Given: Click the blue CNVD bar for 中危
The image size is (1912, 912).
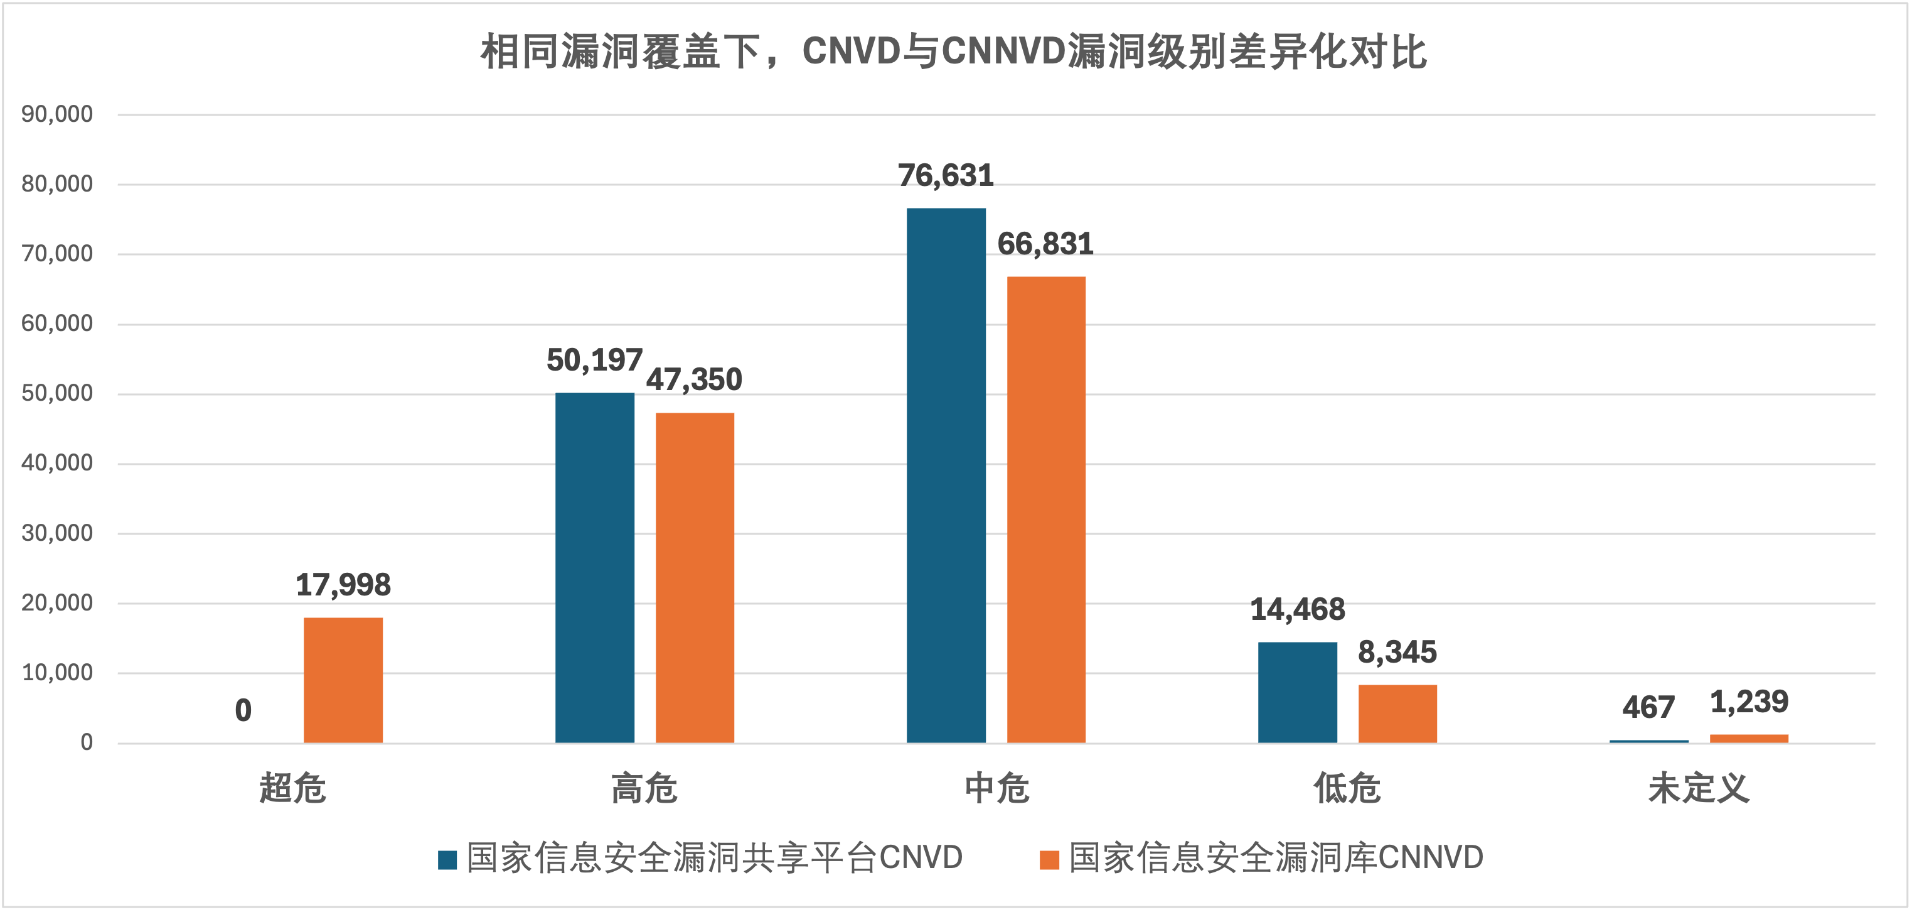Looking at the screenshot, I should pos(946,475).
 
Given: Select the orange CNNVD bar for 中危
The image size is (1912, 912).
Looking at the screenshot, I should pos(1046,509).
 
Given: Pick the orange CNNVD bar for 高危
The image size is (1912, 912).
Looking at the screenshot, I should pos(695,578).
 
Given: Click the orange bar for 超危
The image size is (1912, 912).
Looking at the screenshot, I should pos(343,680).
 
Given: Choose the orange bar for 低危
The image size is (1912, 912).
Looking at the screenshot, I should pos(1397,714).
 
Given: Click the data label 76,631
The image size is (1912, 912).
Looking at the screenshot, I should pos(946,176).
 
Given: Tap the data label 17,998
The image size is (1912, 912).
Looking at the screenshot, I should pos(343,585).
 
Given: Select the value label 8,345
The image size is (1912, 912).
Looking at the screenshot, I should pos(1397,653).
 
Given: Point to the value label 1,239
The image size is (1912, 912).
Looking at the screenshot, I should pos(1749,702).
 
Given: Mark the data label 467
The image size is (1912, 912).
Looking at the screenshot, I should pos(1648,707).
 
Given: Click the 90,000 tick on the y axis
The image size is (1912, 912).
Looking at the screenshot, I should pos(57,114).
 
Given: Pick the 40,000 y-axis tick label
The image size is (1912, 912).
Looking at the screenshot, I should pos(57,464).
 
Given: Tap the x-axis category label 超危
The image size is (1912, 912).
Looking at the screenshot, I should pos(292,788).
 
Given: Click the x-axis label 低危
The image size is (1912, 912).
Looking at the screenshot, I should pos(1347,788).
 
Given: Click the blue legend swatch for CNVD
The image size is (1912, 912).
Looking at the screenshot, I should pos(447,859).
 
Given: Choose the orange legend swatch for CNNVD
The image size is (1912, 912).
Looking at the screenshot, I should pos(1049,859).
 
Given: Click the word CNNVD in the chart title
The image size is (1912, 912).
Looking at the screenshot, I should pos(1003,52).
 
